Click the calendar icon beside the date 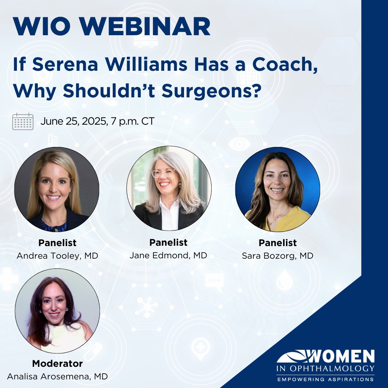point(23,121)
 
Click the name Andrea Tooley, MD point(57,256)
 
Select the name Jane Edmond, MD point(168,255)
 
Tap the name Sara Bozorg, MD point(277,256)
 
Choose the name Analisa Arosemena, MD point(57,376)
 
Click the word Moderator point(57,364)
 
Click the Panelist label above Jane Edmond point(168,242)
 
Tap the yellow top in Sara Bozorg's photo point(291,219)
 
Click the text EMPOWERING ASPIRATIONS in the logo point(325,379)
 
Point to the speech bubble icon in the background point(214,280)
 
